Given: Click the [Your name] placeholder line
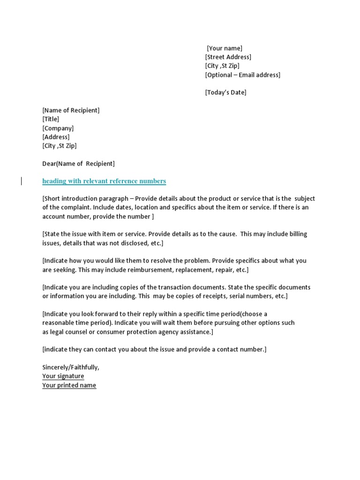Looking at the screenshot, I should coord(225,48).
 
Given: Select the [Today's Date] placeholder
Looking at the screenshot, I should coord(225,92).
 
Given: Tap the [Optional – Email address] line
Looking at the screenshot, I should coord(242,75).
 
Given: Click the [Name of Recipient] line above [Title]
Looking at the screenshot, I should coord(71,111).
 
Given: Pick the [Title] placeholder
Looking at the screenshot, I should coord(51,119).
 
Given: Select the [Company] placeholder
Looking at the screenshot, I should coord(58,128).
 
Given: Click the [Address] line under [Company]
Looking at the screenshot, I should coord(56,137).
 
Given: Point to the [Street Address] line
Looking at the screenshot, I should coord(228,57).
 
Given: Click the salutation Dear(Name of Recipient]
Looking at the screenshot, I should coord(78,164).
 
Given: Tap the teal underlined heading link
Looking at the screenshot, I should coord(104,181).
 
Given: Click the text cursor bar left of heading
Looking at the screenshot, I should coord(22,181).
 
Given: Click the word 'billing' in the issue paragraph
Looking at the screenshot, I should coord(296,234).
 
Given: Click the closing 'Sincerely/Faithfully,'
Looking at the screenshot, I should coord(71,367).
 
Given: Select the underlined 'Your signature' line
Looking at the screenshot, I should coord(63,376).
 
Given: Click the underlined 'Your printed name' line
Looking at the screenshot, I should coord(69,385).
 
